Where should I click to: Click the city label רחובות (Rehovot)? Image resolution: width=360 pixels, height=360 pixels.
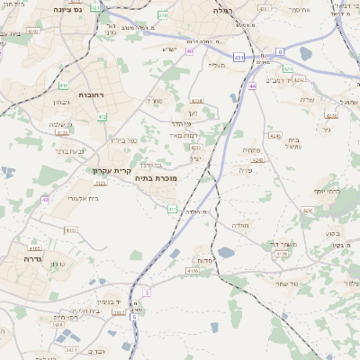93,94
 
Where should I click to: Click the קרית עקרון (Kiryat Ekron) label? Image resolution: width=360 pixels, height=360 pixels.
112,170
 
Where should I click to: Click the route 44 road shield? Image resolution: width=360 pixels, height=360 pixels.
254,86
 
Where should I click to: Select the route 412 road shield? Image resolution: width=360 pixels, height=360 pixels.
103,116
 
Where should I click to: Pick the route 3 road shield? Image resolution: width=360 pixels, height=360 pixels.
146,292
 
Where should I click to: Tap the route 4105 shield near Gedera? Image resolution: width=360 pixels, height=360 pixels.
34,247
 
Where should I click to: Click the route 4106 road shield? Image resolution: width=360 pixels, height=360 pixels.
193,270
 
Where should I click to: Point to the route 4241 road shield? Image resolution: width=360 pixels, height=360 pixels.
308,210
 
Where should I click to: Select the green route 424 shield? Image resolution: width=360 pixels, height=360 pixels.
288,68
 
